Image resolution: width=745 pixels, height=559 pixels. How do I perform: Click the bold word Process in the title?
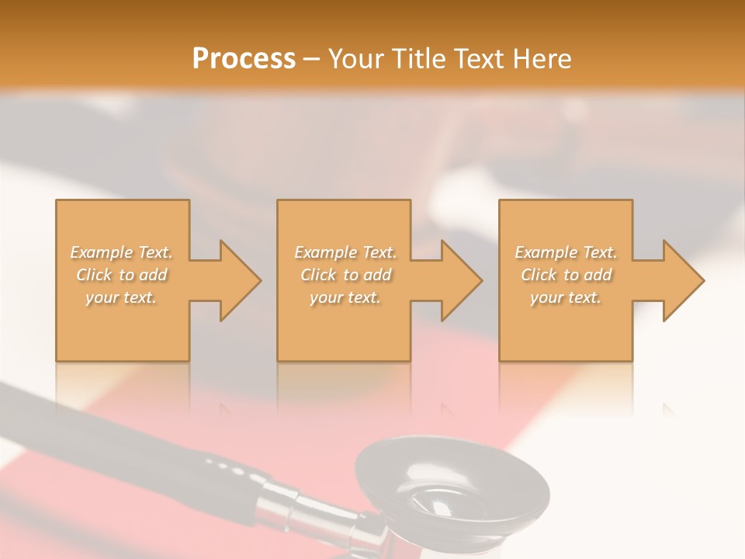244,59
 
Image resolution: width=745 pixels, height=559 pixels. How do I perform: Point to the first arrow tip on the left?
260,280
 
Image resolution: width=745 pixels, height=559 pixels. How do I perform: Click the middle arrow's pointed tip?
481,280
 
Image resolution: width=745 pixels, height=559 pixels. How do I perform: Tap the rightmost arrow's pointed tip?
703,280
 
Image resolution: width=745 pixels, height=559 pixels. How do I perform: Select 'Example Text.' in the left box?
122,252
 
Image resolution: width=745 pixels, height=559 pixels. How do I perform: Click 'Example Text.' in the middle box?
345,252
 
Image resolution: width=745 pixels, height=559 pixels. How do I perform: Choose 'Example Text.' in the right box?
566,252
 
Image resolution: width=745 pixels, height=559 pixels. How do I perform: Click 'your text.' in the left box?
122,297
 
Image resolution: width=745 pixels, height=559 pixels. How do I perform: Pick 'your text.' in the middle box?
345,297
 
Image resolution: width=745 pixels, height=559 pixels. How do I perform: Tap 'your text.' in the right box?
566,297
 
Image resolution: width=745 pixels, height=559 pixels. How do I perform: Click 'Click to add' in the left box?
122,275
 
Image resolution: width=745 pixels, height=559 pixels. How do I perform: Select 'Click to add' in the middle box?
345,275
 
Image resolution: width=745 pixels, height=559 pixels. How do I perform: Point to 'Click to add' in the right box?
566,275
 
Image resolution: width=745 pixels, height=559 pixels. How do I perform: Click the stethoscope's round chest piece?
450,485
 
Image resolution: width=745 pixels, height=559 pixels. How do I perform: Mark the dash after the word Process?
311,60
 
